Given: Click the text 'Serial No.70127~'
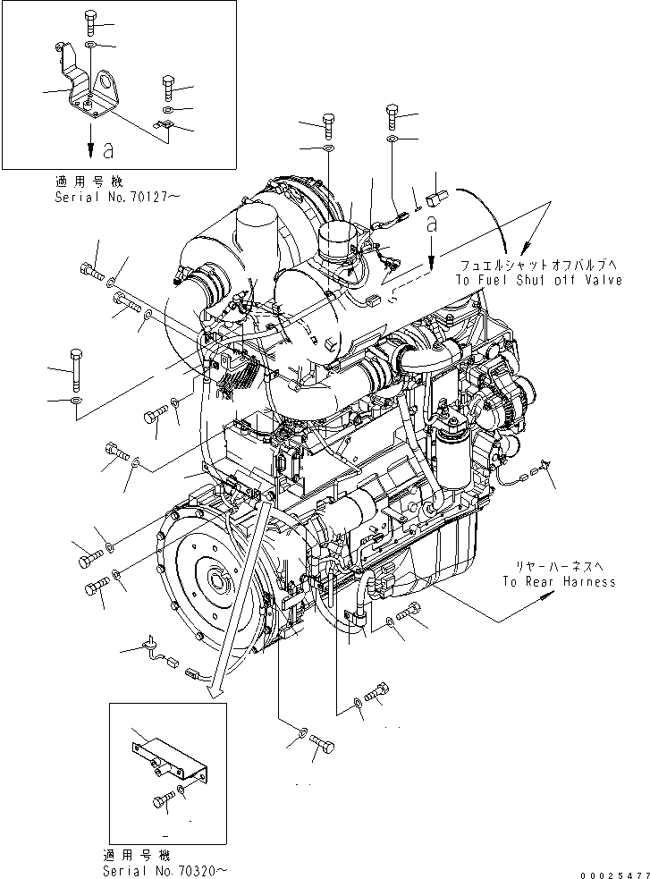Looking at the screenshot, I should click(x=116, y=197).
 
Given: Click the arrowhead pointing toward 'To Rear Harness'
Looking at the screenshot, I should click(x=544, y=602).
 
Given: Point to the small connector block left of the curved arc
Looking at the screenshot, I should click(x=436, y=199).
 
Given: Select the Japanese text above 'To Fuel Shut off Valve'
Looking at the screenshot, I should click(x=539, y=266).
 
